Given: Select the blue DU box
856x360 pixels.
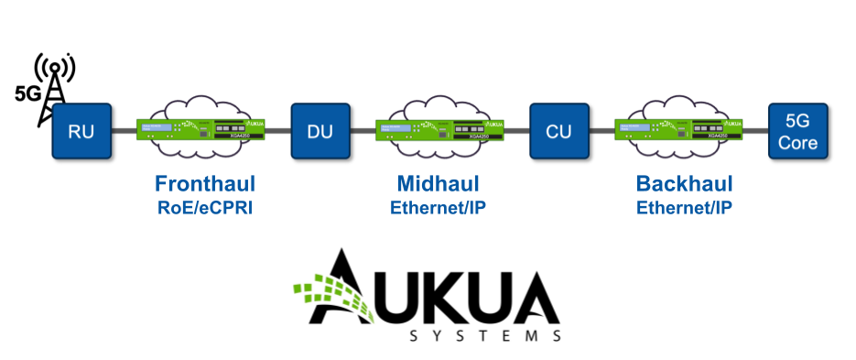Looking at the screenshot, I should [x=320, y=131].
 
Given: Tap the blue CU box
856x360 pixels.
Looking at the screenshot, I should [x=558, y=131].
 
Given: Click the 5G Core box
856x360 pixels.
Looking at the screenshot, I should [x=797, y=131].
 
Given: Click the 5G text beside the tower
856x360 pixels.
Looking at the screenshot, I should [x=27, y=93].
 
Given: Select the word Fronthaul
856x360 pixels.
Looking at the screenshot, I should [x=204, y=182].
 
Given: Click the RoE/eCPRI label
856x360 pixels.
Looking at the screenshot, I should [x=204, y=207].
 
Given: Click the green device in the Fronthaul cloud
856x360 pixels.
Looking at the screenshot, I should [x=200, y=129].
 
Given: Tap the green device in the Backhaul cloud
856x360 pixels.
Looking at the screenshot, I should [x=678, y=129].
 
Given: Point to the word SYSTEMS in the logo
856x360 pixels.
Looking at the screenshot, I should [x=485, y=336].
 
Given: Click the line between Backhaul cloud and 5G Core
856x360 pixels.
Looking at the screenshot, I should [x=753, y=131].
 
